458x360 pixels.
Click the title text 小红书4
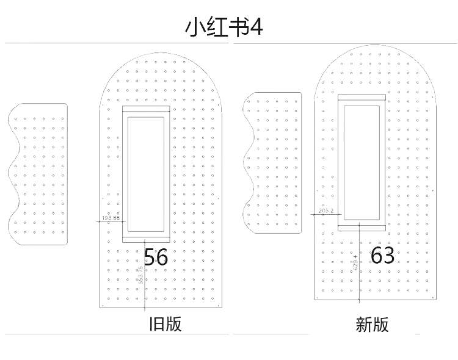[224, 28]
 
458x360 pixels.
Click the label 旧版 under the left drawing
[165, 323]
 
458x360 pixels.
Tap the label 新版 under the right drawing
[372, 325]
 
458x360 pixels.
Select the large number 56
[156, 257]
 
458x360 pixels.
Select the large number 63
[382, 255]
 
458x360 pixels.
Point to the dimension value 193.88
[111, 218]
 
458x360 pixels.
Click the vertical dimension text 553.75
[140, 276]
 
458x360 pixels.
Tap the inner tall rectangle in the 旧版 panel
[146, 173]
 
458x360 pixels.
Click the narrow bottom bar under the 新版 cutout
[362, 228]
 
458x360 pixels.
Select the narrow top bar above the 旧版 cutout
[146, 109]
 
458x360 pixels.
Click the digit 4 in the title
[256, 28]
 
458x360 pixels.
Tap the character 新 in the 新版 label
[364, 325]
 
